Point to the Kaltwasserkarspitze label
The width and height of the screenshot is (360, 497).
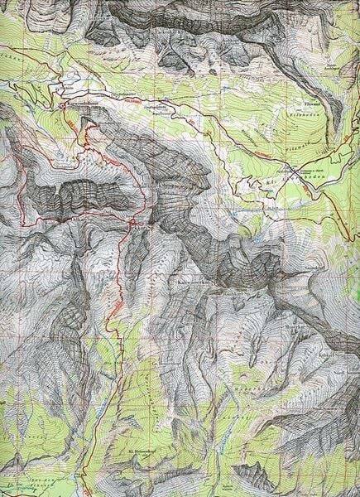194,281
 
